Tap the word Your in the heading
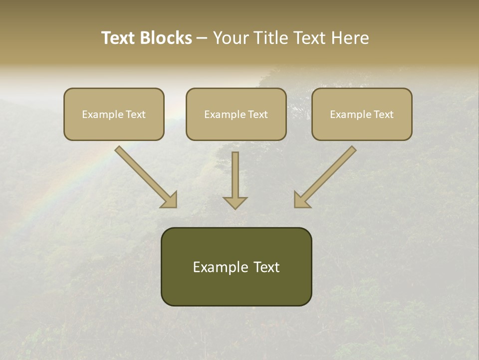tap(231, 38)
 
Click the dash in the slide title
tap(202, 38)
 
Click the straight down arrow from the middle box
tap(235, 177)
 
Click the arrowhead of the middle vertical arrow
tap(235, 202)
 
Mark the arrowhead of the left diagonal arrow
tap(170, 200)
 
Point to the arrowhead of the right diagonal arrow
tap(301, 200)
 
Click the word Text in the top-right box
tap(383, 114)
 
